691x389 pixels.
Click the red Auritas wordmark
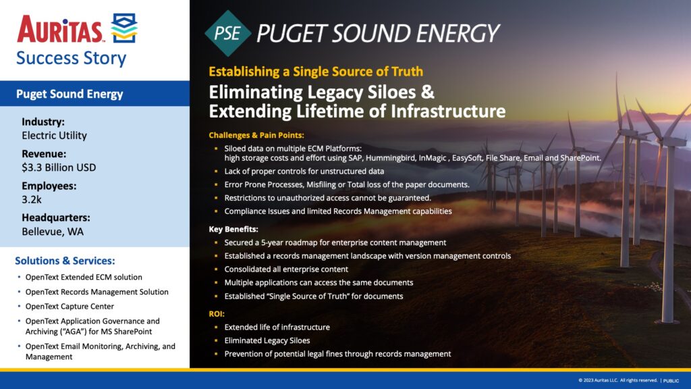[59, 29]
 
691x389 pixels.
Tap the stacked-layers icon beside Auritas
[124, 28]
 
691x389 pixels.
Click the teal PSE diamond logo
[228, 34]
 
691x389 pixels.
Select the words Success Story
[72, 58]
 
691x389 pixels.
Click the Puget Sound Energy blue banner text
[70, 94]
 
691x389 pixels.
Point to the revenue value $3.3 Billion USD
[59, 167]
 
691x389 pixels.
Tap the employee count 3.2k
[32, 199]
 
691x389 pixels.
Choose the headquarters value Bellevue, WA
[53, 232]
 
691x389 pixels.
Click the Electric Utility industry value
[54, 135]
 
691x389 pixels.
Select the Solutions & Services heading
[65, 261]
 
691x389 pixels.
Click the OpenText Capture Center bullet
[70, 306]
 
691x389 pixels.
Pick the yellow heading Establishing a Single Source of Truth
[316, 72]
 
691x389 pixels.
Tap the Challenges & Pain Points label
[256, 135]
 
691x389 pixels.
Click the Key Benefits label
[233, 230]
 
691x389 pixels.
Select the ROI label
[217, 314]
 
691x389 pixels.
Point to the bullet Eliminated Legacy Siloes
[267, 340]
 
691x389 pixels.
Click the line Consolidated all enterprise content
[286, 269]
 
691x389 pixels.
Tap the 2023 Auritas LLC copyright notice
[617, 380]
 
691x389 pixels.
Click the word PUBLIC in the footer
[671, 381]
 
